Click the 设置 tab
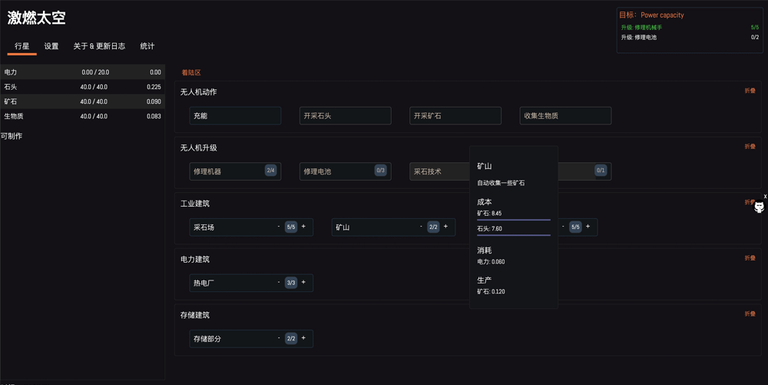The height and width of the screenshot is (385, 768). [x=51, y=46]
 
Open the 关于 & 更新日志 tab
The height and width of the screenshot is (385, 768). [x=99, y=46]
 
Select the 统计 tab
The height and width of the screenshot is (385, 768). [x=147, y=46]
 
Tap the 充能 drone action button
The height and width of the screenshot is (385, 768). [x=235, y=115]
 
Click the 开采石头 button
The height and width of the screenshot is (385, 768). [x=346, y=115]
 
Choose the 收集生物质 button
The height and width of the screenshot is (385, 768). [x=565, y=115]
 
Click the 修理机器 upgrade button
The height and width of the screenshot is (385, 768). [x=235, y=171]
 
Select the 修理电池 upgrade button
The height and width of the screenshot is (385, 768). [x=346, y=171]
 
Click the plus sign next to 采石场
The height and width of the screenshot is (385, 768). [x=303, y=226]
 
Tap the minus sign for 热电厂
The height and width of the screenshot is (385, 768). [x=279, y=282]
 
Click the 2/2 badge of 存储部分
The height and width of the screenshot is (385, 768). [x=291, y=338]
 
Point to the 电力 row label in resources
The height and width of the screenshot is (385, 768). [x=10, y=72]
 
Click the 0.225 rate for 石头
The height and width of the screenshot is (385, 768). [x=154, y=87]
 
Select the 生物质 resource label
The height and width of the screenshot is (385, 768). [x=14, y=116]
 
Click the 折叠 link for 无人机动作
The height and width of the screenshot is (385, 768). [x=750, y=91]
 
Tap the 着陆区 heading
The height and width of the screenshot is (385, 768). [x=191, y=72]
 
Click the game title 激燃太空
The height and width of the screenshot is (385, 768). [x=36, y=18]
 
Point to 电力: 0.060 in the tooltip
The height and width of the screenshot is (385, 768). [x=491, y=261]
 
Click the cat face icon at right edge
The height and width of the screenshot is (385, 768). [x=760, y=207]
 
